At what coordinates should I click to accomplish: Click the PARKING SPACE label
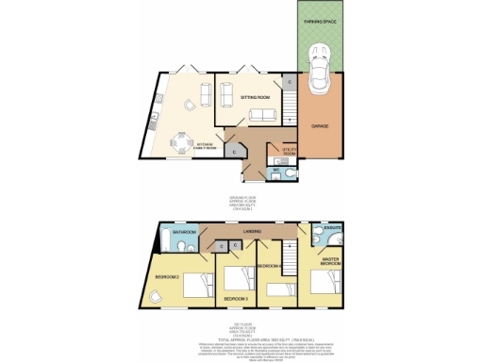click(x=322, y=20)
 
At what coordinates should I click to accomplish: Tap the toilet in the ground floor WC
click(x=290, y=171)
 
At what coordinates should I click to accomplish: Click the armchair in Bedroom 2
click(x=155, y=296)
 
